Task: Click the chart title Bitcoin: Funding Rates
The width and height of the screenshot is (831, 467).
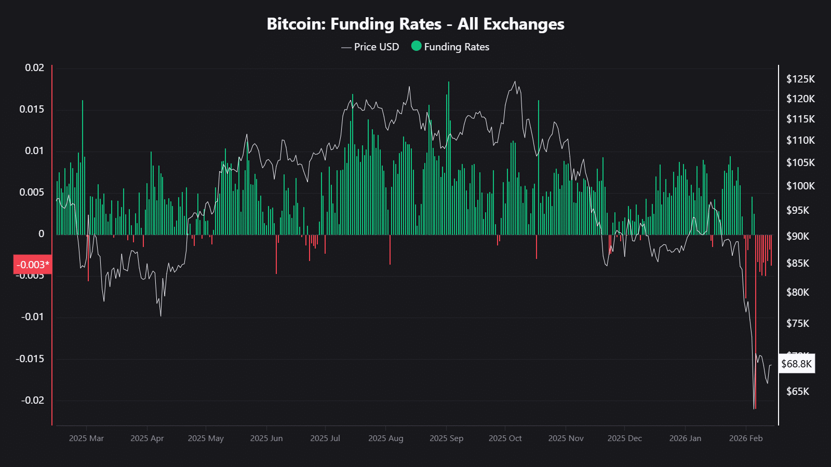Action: pyautogui.click(x=415, y=24)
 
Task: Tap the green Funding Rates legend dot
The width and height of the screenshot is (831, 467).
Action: pyautogui.click(x=416, y=46)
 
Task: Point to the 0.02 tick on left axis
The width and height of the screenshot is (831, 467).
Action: pyautogui.click(x=34, y=68)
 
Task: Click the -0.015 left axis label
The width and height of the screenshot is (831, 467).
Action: pyautogui.click(x=30, y=359)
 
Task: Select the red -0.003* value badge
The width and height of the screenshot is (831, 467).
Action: pyautogui.click(x=33, y=265)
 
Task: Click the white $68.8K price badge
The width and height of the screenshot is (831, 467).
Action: pyautogui.click(x=796, y=364)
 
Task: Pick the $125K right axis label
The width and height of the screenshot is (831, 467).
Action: pyautogui.click(x=800, y=79)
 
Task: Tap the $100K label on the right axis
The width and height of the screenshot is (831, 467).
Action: pyautogui.click(x=800, y=186)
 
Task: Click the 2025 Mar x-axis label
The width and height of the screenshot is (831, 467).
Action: pyautogui.click(x=86, y=438)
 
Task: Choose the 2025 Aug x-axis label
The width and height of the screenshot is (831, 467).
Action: pyautogui.click(x=385, y=438)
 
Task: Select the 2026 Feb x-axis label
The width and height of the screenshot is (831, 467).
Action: pyautogui.click(x=745, y=438)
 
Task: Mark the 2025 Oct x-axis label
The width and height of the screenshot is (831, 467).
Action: pyautogui.click(x=505, y=438)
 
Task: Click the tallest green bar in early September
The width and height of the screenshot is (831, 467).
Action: pyautogui.click(x=449, y=156)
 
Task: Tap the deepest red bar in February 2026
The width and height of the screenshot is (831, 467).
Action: pyautogui.click(x=755, y=322)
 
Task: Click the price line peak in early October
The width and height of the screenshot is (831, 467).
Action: pyautogui.click(x=515, y=81)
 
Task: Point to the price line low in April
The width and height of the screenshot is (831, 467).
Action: pyautogui.click(x=160, y=315)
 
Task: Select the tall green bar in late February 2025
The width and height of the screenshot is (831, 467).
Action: pyautogui.click(x=82, y=166)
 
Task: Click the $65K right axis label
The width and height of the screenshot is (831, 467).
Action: pyautogui.click(x=797, y=391)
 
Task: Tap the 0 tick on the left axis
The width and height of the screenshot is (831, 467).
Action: pyautogui.click(x=42, y=234)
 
